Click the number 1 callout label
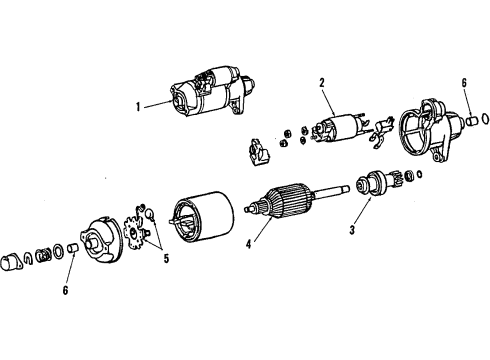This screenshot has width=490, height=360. point(138,103)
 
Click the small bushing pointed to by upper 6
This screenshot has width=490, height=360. point(467,120)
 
